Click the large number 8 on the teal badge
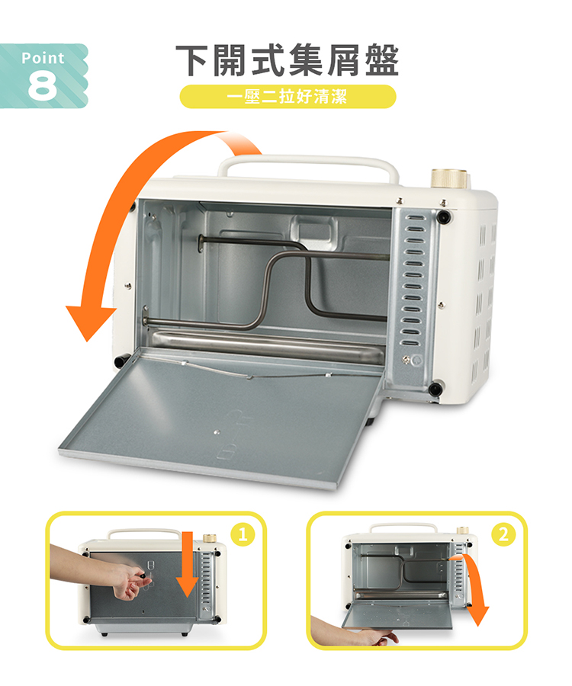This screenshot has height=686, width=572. tap(43, 85)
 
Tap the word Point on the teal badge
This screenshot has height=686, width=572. tap(43, 58)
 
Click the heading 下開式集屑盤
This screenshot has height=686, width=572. tap(287, 60)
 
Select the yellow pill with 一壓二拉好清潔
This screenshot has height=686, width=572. tap(288, 96)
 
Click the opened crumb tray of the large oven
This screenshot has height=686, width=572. tap(221, 418)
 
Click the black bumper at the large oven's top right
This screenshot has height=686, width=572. tap(445, 216)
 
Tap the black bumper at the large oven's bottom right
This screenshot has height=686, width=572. tap(435, 388)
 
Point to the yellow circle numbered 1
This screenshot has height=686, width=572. tap(243, 534)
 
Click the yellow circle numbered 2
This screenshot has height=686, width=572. tap(503, 534)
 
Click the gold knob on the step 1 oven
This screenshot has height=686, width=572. tap(210, 537)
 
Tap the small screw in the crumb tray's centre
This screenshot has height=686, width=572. tap(216, 432)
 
